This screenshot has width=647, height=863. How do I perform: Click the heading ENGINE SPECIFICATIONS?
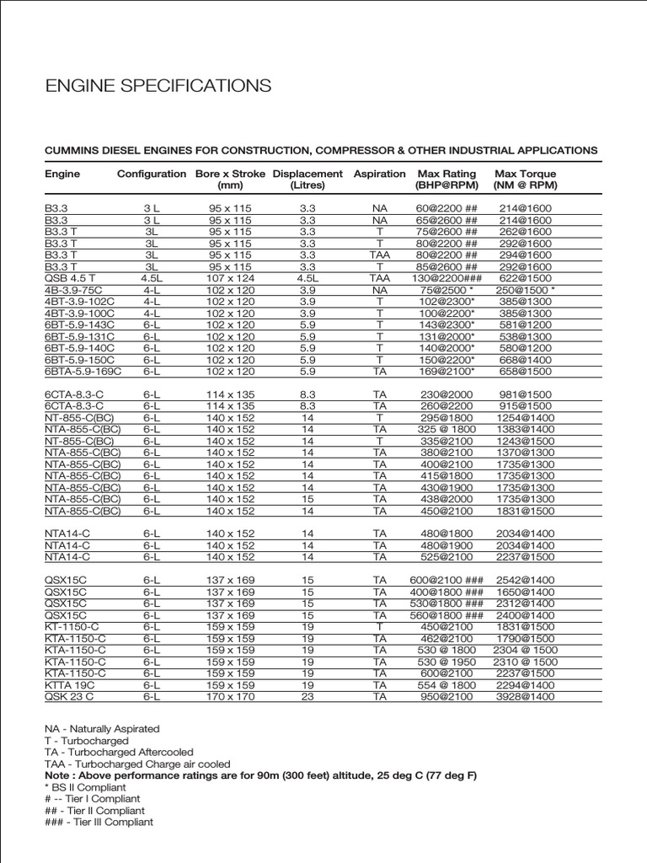click(x=158, y=86)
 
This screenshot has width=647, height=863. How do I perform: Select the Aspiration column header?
click(x=379, y=174)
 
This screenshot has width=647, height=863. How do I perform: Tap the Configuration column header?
click(x=152, y=174)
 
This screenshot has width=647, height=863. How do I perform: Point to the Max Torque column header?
click(x=526, y=179)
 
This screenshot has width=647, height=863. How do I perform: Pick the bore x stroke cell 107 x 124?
click(x=230, y=277)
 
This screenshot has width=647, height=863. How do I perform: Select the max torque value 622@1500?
click(x=526, y=277)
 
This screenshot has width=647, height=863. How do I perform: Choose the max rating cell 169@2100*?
click(x=446, y=371)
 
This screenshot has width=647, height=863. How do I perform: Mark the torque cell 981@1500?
click(x=526, y=394)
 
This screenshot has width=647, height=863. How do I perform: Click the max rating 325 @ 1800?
click(x=446, y=429)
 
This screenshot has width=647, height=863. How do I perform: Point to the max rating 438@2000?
click(x=446, y=499)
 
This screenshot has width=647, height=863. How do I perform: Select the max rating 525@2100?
click(x=446, y=556)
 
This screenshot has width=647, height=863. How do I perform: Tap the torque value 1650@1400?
click(x=526, y=592)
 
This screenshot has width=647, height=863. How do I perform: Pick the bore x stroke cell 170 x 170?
click(x=230, y=697)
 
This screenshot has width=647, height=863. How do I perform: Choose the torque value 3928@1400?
click(x=526, y=697)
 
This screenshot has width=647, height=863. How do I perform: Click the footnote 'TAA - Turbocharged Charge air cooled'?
click(x=131, y=764)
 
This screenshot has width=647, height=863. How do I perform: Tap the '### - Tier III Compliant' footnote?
click(x=99, y=823)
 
